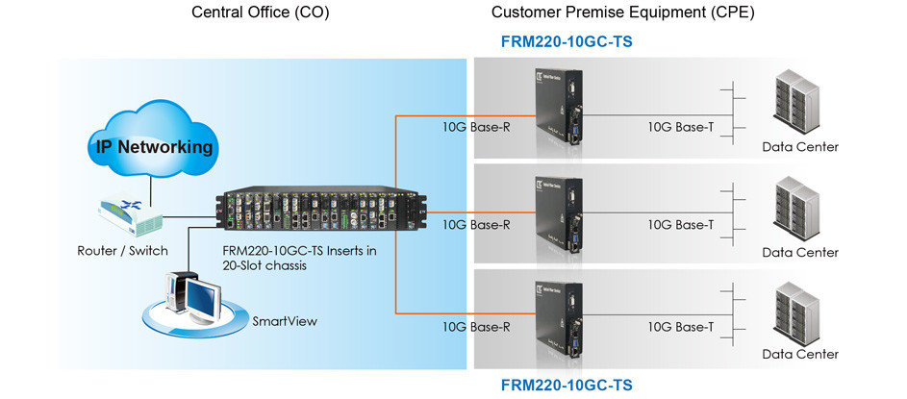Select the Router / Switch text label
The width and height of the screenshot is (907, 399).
[x=123, y=251]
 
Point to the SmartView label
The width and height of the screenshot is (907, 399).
[x=284, y=321]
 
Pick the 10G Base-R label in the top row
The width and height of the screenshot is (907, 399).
[x=476, y=127]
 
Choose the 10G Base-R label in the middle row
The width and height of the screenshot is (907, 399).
[x=476, y=225]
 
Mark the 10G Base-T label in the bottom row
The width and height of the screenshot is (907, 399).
[x=681, y=326]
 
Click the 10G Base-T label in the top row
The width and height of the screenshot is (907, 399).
[x=681, y=127]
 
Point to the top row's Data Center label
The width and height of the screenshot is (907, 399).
[x=800, y=147]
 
